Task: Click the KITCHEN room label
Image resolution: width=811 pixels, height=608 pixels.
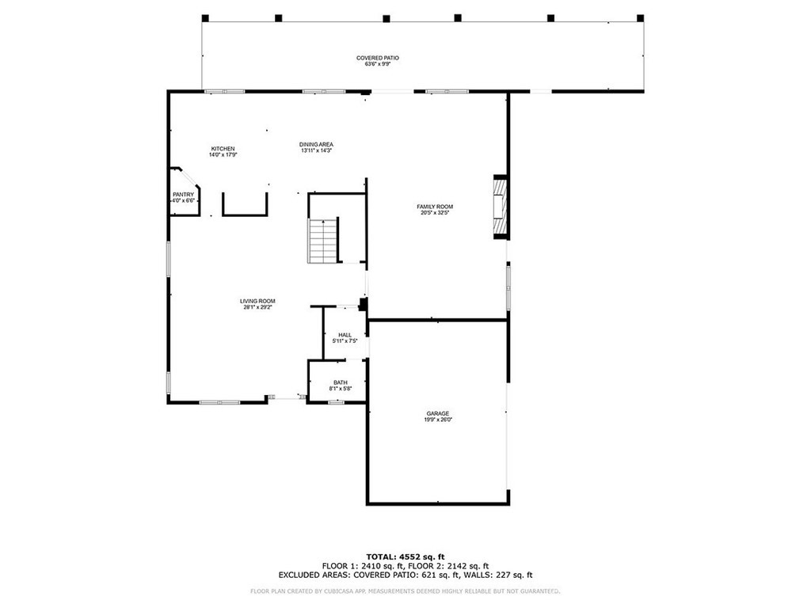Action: (223, 149)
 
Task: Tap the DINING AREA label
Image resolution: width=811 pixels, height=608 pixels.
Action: (316, 144)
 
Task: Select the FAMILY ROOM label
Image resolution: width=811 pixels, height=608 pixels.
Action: (435, 207)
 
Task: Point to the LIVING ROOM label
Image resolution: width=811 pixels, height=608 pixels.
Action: (257, 301)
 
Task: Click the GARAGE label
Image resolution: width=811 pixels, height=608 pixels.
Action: (438, 413)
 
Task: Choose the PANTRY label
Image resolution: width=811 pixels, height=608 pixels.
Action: (183, 195)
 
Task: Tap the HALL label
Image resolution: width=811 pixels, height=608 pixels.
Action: (345, 335)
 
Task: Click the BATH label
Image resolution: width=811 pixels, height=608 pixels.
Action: (340, 382)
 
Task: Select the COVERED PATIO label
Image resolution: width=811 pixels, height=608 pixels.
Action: (378, 58)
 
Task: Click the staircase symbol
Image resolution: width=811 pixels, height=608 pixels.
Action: (322, 241)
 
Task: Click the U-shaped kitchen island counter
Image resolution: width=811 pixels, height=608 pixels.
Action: (245, 206)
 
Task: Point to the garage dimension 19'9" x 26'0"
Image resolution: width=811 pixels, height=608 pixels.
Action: (438, 420)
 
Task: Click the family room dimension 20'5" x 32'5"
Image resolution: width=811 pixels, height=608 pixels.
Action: (435, 212)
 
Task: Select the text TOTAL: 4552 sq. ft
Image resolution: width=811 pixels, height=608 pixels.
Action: (405, 557)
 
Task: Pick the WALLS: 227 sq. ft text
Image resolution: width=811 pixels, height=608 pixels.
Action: (504, 576)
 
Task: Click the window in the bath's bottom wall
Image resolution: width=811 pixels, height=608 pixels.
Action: (336, 402)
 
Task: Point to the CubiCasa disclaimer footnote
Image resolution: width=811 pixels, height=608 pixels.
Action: (405, 591)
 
